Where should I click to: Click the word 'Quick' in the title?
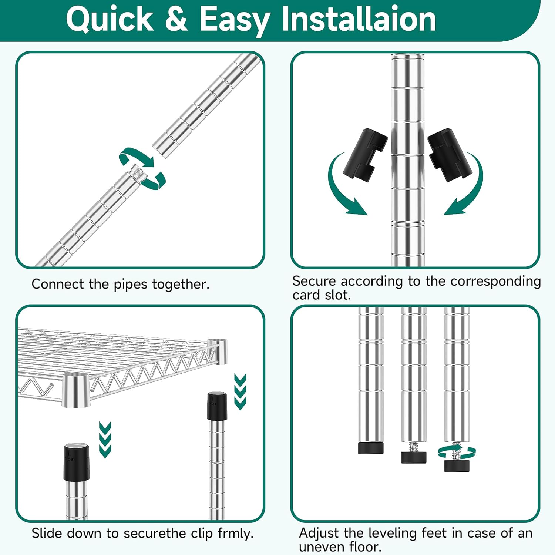pyautogui.click(x=110, y=19)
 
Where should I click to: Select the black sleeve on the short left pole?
pyautogui.click(x=77, y=462)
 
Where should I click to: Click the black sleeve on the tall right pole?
pyautogui.click(x=217, y=406)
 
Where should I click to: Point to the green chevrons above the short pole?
pyautogui.click(x=105, y=440)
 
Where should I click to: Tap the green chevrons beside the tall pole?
pyautogui.click(x=240, y=391)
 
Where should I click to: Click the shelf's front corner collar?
pyautogui.click(x=76, y=390)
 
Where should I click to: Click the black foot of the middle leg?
pyautogui.click(x=414, y=457)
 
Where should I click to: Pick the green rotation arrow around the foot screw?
pyautogui.click(x=457, y=452)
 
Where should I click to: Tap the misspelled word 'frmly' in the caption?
pyautogui.click(x=235, y=534)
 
